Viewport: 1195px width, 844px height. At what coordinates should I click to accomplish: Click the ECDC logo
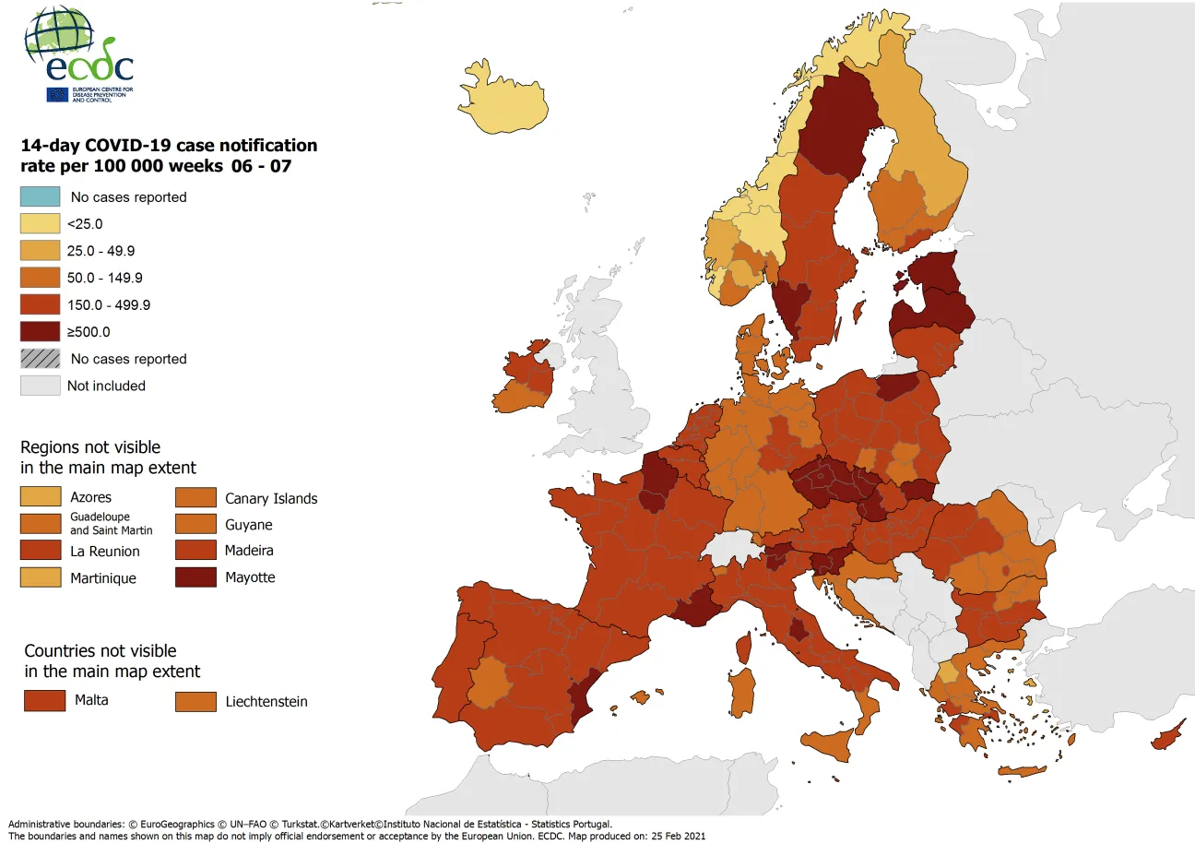(79, 55)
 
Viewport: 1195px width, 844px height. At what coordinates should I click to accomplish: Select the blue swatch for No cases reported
(41, 196)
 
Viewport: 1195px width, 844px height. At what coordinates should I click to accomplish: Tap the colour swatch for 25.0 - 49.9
(41, 251)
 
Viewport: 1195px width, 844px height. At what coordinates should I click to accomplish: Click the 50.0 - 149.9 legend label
(104, 278)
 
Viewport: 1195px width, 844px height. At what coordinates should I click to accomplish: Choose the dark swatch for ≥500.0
(41, 331)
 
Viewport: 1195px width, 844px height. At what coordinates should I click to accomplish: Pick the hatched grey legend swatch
(41, 359)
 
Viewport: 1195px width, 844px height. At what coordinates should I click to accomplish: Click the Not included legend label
(106, 386)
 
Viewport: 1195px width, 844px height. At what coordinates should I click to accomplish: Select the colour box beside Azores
(41, 497)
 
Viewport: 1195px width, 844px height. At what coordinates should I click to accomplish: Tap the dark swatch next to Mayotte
(195, 577)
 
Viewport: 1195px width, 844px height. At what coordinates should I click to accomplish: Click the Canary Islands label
(271, 498)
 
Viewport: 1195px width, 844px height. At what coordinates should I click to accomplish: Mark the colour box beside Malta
(44, 700)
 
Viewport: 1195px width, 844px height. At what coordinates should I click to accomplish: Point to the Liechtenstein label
(266, 702)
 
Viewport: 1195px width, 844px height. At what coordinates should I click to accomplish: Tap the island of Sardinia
(741, 693)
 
